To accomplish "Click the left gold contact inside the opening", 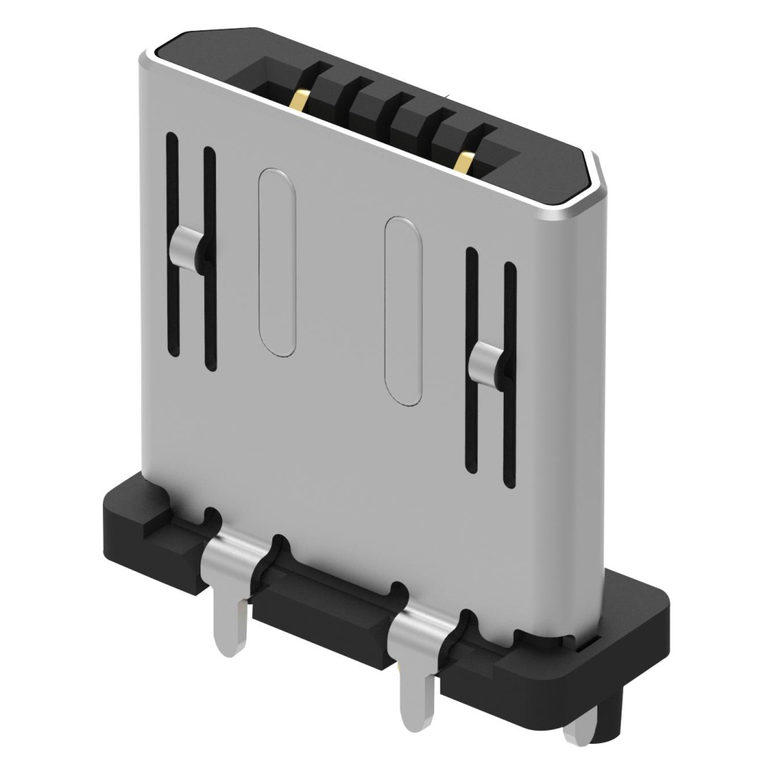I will click(x=302, y=99).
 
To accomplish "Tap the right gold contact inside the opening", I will click(x=465, y=162).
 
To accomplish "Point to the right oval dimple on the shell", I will click(x=403, y=310).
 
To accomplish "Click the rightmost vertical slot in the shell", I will click(x=509, y=375).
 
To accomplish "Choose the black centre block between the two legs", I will click(x=325, y=611).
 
